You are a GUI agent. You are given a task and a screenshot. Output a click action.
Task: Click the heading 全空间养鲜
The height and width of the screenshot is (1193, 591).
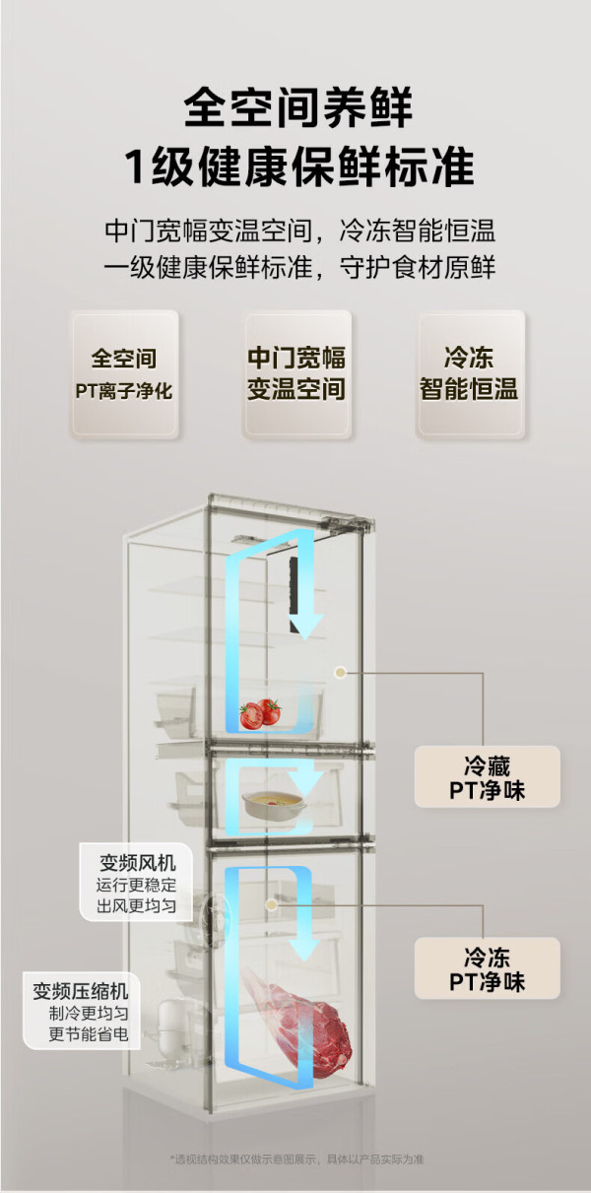(297, 107)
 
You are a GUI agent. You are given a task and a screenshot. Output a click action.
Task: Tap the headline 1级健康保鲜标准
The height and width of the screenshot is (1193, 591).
(298, 166)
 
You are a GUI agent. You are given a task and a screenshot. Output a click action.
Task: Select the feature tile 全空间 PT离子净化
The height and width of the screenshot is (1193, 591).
(124, 374)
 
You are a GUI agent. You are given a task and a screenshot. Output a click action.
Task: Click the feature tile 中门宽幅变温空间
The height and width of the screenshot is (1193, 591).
(297, 374)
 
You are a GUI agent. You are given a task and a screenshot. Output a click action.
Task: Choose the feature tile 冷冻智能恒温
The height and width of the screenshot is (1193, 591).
(470, 374)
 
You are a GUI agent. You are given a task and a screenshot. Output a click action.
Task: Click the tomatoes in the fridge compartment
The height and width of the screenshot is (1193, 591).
(260, 713)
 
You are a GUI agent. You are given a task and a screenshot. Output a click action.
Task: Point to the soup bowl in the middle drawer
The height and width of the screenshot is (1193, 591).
(274, 803)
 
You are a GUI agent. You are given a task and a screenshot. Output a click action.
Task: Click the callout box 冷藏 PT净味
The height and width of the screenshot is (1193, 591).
(488, 776)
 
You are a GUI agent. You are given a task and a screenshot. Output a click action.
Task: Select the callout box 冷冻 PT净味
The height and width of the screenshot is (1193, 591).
(488, 968)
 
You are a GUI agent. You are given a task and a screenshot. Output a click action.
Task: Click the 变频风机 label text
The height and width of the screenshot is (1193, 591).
(137, 863)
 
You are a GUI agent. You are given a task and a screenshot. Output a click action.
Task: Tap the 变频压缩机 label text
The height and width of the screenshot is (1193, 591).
(81, 992)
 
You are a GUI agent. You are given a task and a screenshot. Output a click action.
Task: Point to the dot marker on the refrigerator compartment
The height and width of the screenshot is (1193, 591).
(340, 673)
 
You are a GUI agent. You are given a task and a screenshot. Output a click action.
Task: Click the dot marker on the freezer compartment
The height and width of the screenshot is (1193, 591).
(272, 904)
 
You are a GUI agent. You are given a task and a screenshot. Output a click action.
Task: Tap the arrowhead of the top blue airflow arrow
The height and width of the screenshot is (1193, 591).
(306, 627)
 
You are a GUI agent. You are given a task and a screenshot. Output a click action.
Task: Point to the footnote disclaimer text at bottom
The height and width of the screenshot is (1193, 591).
(296, 1159)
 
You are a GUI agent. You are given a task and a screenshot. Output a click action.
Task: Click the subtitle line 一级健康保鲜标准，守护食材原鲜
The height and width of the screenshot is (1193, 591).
(299, 267)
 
